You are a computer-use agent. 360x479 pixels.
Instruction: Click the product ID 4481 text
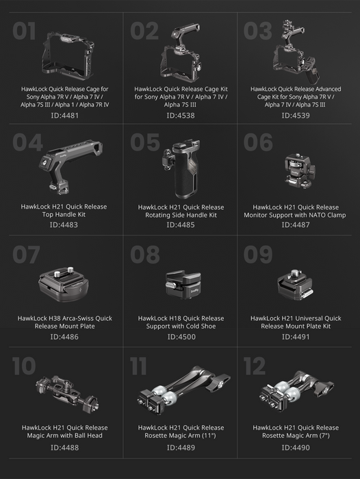click(64, 116)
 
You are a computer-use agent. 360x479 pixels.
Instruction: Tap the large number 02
click(144, 31)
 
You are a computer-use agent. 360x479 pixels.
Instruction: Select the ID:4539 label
click(296, 116)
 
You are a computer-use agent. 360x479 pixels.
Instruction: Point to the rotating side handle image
click(181, 168)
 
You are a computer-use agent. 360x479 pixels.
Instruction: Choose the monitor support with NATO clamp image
click(300, 171)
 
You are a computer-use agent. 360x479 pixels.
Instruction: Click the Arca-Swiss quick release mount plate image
click(64, 284)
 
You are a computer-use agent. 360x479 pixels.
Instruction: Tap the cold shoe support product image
click(183, 284)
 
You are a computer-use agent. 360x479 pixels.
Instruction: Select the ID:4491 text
click(296, 337)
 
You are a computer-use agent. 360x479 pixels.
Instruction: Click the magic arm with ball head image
click(67, 393)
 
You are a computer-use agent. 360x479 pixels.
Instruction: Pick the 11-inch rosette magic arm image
click(184, 390)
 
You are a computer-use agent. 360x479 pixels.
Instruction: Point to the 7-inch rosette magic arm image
click(297, 391)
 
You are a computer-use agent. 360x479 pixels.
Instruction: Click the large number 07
click(26, 255)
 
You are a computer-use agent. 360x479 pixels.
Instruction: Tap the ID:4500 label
click(181, 337)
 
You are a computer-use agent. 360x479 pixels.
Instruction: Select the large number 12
click(255, 366)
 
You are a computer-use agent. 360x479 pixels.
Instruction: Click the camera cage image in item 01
click(68, 56)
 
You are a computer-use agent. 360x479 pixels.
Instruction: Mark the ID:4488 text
click(64, 448)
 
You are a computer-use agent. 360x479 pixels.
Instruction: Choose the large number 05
click(145, 142)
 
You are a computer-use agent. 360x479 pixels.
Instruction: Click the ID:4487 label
click(296, 225)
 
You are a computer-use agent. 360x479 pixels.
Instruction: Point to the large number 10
click(24, 366)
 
